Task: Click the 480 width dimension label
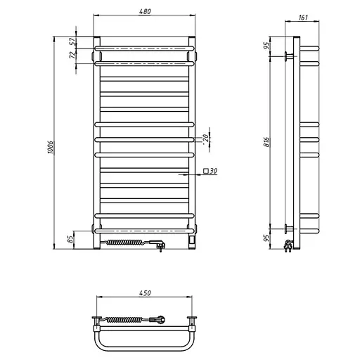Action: tap(145, 11)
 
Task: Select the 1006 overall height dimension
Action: tap(51, 148)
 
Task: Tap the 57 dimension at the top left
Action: tap(73, 41)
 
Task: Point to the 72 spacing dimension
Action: tap(73, 55)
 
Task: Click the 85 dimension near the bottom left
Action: tap(70, 239)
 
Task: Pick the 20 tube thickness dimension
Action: tap(205, 138)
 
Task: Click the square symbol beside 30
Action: tap(206, 171)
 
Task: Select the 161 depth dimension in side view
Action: tap(303, 18)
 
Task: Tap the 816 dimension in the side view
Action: tap(266, 142)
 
